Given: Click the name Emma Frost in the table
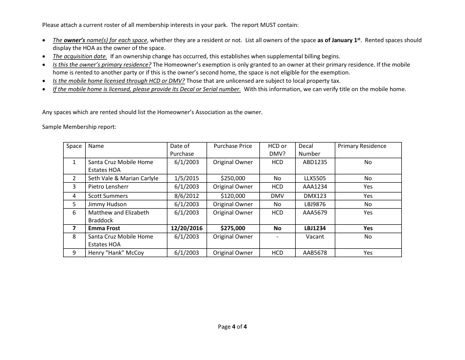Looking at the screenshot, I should point(104,228).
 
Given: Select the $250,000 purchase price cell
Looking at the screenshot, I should point(232,179).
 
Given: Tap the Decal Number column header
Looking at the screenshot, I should point(309,149).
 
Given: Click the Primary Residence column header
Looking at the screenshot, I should point(362,146).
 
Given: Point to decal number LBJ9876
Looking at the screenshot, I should point(315,204).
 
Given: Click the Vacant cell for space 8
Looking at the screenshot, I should point(315,237).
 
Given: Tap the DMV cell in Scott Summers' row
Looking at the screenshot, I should point(277,196).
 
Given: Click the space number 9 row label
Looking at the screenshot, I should point(74,253).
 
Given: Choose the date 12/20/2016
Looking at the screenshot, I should point(186,228).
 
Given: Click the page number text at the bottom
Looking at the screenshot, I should point(232,327).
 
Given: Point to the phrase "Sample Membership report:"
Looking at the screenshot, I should point(79,127).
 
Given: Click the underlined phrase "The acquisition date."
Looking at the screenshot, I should point(80,56).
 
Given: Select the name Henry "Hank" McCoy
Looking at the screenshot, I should point(116,253).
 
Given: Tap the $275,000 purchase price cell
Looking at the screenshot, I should point(232,228).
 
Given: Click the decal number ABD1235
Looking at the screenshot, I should point(315,162).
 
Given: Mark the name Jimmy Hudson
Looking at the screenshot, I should point(107,204).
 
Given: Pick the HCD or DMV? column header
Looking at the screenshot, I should point(277,149).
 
